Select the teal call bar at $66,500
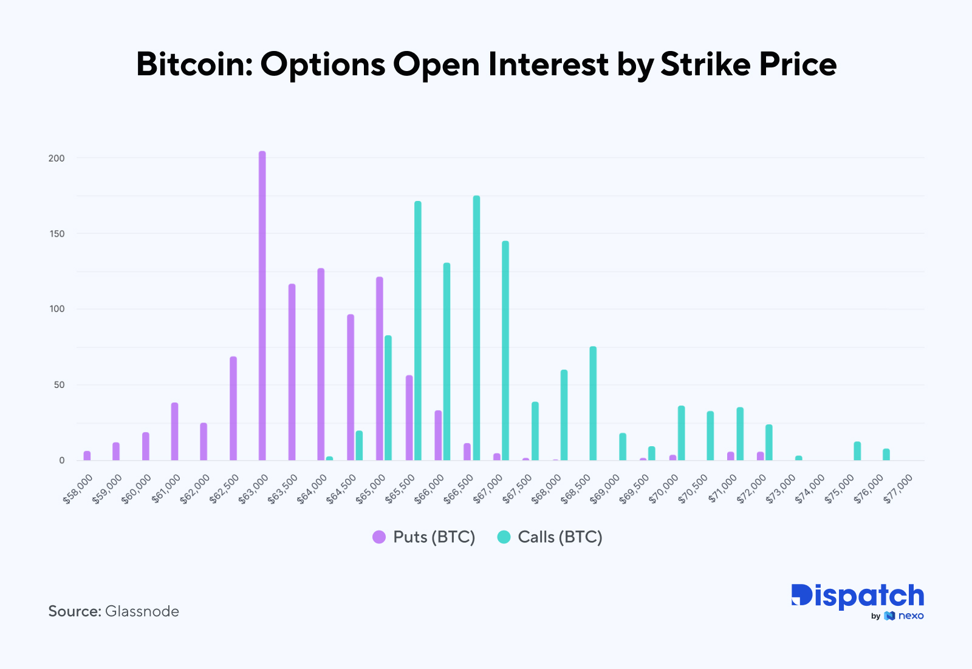click(476, 328)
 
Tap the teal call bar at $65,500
click(417, 331)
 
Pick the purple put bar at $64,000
click(321, 364)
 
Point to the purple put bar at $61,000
click(174, 431)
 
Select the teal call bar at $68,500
click(593, 403)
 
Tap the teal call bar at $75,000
click(857, 450)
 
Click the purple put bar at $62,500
click(233, 408)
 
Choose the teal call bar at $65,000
click(388, 398)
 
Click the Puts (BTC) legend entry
click(423, 537)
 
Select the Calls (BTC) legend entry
click(550, 537)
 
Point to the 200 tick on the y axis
click(56, 158)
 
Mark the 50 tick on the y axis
click(59, 385)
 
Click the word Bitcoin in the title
click(193, 64)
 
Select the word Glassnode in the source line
click(142, 611)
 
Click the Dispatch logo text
click(857, 596)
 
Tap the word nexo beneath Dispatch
click(911, 616)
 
